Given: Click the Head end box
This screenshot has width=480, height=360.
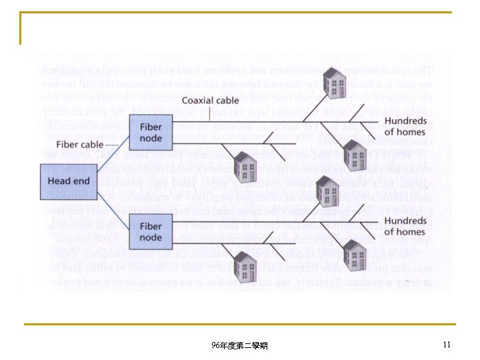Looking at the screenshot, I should tap(69, 181).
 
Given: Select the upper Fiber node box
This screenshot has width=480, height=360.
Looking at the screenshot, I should tap(151, 133).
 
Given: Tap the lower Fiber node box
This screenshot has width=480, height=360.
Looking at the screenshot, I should tap(151, 231).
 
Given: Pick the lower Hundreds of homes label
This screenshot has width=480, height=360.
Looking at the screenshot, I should tap(405, 226).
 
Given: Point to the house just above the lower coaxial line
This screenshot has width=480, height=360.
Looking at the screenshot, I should tap(328, 193).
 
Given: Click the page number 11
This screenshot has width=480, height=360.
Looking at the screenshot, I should tap(446, 345).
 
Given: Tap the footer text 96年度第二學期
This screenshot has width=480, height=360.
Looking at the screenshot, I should tap(239, 345).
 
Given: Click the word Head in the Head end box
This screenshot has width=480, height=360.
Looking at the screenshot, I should tap(59, 181).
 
